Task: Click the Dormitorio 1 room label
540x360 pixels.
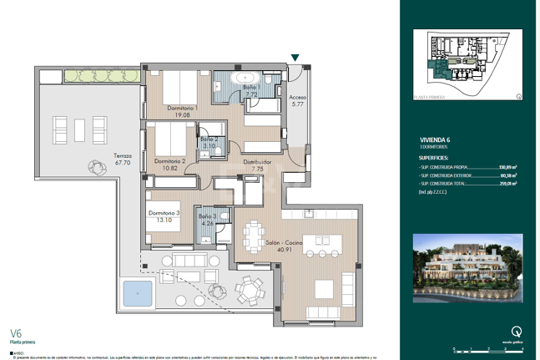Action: click(182, 109)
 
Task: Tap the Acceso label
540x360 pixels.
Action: click(298, 97)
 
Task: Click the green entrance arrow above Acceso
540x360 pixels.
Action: click(295, 58)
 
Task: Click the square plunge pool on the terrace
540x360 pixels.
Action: click(133, 293)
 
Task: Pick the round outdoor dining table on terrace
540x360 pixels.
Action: click(248, 290)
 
